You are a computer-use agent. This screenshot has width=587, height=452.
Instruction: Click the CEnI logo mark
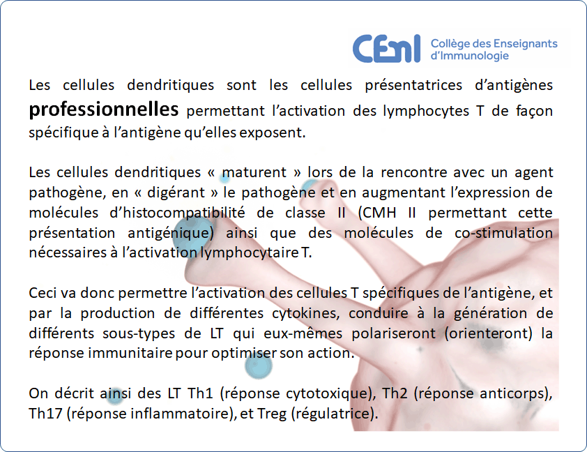[386, 49]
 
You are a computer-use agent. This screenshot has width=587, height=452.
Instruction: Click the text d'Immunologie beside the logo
[469, 55]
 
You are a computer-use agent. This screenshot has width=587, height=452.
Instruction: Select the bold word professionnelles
[104, 110]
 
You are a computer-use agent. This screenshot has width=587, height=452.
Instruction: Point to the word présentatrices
[413, 85]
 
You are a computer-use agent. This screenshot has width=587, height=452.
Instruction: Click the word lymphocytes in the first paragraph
[426, 111]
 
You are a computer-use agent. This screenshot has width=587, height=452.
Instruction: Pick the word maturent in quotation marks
[254, 172]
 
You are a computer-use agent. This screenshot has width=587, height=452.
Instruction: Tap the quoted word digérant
[176, 193]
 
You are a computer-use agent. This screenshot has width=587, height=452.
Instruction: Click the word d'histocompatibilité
[177, 213]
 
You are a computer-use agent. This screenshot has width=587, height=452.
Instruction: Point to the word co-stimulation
[504, 233]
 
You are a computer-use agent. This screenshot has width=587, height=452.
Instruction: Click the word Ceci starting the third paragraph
[43, 293]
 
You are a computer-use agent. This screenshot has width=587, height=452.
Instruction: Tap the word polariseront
[393, 333]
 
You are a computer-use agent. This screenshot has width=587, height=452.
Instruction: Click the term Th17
[45, 414]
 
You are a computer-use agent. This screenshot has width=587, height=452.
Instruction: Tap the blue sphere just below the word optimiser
[259, 366]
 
